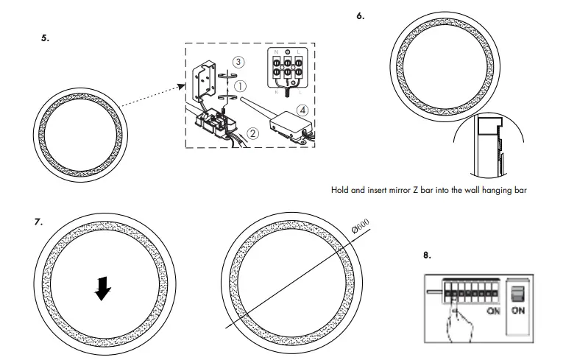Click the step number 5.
[x=46, y=38]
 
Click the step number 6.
[x=360, y=15]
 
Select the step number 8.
[x=427, y=256]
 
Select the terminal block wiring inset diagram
[x=289, y=72]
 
